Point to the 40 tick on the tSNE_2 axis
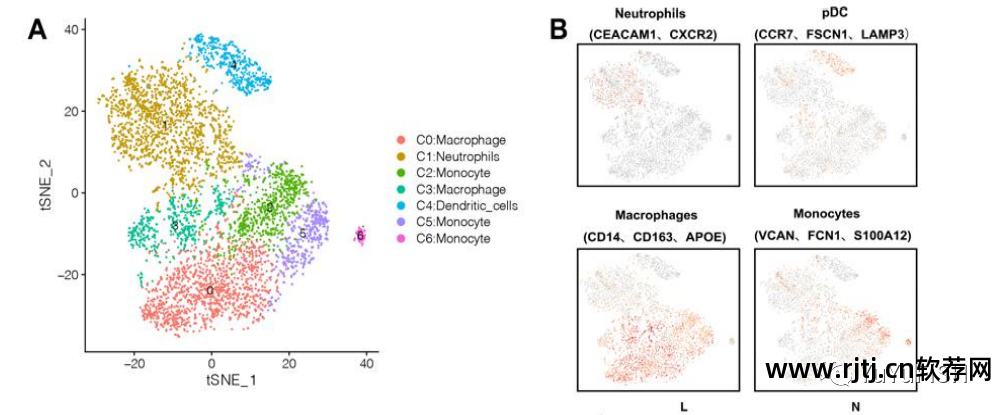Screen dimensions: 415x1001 70,29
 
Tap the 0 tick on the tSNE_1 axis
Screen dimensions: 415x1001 211,367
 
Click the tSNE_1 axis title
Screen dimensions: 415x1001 231,382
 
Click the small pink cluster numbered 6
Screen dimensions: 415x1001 360,236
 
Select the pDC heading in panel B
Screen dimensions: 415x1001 831,16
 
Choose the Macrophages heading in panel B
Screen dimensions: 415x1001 655,214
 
